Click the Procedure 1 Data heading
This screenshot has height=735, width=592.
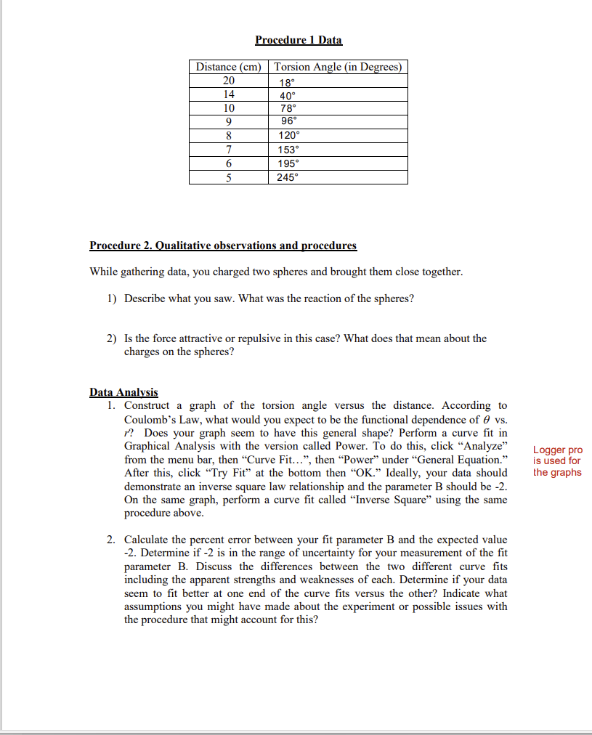pyautogui.click(x=299, y=40)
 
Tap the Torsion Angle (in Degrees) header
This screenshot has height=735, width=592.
pyautogui.click(x=338, y=67)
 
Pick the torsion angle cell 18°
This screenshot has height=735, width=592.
pyautogui.click(x=287, y=81)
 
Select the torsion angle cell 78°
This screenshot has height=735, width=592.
pyautogui.click(x=288, y=107)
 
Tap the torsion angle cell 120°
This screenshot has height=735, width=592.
pyautogui.click(x=290, y=136)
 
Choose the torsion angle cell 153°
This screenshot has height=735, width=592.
pyautogui.click(x=290, y=150)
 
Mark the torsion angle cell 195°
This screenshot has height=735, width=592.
pyautogui.click(x=290, y=163)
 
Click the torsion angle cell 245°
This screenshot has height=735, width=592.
pyautogui.click(x=290, y=177)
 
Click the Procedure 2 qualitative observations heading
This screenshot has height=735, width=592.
pyautogui.click(x=223, y=245)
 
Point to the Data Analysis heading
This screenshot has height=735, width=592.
pyautogui.click(x=123, y=392)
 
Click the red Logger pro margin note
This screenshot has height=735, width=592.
pyautogui.click(x=557, y=461)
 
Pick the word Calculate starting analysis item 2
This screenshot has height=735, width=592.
pyautogui.click(x=148, y=540)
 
